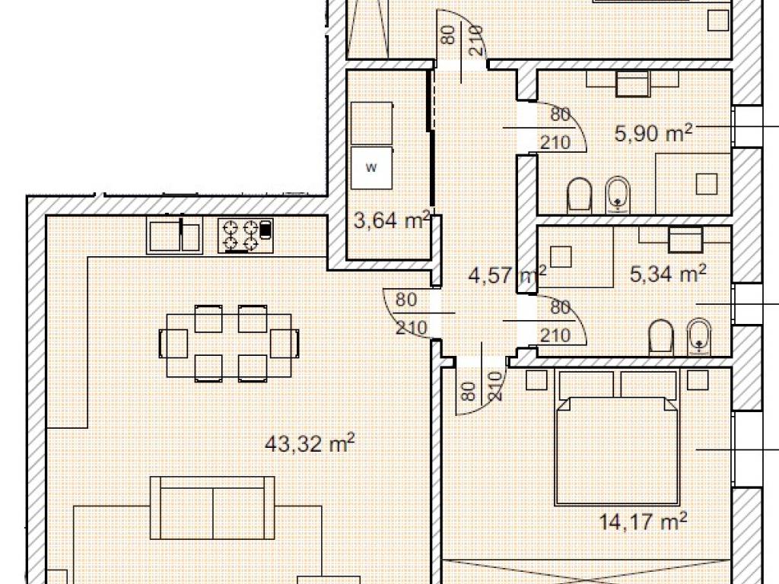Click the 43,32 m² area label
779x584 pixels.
tap(310, 443)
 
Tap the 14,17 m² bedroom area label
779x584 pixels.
tap(643, 522)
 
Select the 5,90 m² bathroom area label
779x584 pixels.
tap(653, 133)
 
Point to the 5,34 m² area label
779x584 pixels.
tap(668, 274)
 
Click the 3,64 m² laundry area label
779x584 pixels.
tap(392, 220)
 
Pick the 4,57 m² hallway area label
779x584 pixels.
tap(507, 274)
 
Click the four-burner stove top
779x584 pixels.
tap(246, 236)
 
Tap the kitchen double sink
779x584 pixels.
tap(174, 236)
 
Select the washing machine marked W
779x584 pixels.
tap(371, 167)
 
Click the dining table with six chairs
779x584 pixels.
tap(229, 344)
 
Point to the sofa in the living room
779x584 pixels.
tap(212, 507)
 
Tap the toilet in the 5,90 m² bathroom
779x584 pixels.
tap(579, 195)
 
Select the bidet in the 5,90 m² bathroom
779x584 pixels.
tap(618, 195)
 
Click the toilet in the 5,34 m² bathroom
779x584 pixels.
tap(661, 338)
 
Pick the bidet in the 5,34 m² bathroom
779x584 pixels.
tap(699, 337)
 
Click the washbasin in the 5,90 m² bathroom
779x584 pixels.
tap(632, 83)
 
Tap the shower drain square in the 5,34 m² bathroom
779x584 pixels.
tap(561, 257)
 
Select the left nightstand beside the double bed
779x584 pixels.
tap(536, 380)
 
